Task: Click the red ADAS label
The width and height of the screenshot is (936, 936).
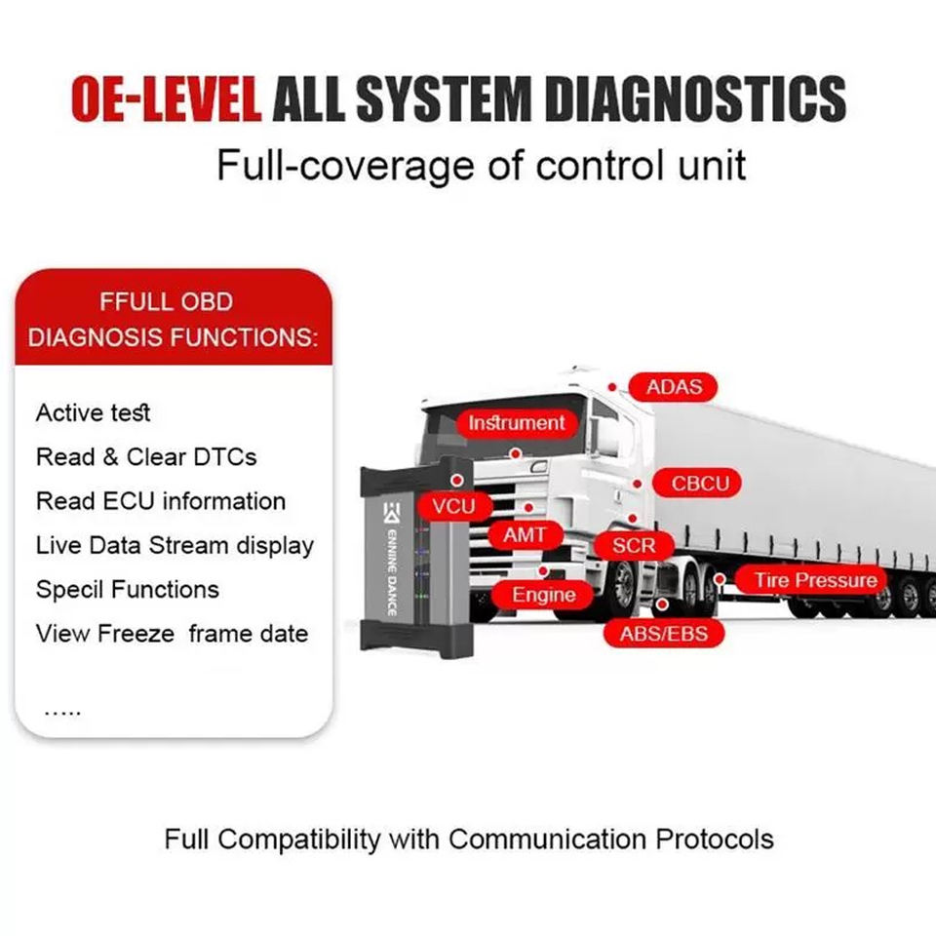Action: pyautogui.click(x=674, y=387)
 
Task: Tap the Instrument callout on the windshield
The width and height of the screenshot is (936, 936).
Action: pyautogui.click(x=516, y=423)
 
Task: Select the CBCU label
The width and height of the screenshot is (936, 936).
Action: pyautogui.click(x=700, y=483)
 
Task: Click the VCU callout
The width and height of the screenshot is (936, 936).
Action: pyautogui.click(x=452, y=505)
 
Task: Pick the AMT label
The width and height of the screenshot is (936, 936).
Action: pyautogui.click(x=525, y=535)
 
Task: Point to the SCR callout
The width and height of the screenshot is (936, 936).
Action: pyautogui.click(x=634, y=545)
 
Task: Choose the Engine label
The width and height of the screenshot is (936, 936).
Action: pyautogui.click(x=544, y=595)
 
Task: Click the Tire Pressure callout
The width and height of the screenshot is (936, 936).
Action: pyautogui.click(x=815, y=581)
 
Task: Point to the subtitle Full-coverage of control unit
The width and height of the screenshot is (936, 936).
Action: pyautogui.click(x=481, y=164)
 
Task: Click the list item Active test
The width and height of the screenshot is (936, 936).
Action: pyautogui.click(x=94, y=412)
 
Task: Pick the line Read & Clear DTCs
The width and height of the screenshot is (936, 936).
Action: pyautogui.click(x=146, y=456)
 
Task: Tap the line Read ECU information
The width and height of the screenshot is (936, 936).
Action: pyautogui.click(x=161, y=501)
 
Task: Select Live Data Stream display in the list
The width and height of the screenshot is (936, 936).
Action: pyautogui.click(x=175, y=545)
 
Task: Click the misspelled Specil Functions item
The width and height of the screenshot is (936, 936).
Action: pyautogui.click(x=128, y=589)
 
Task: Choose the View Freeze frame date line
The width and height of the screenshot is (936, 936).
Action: pyautogui.click(x=172, y=634)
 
